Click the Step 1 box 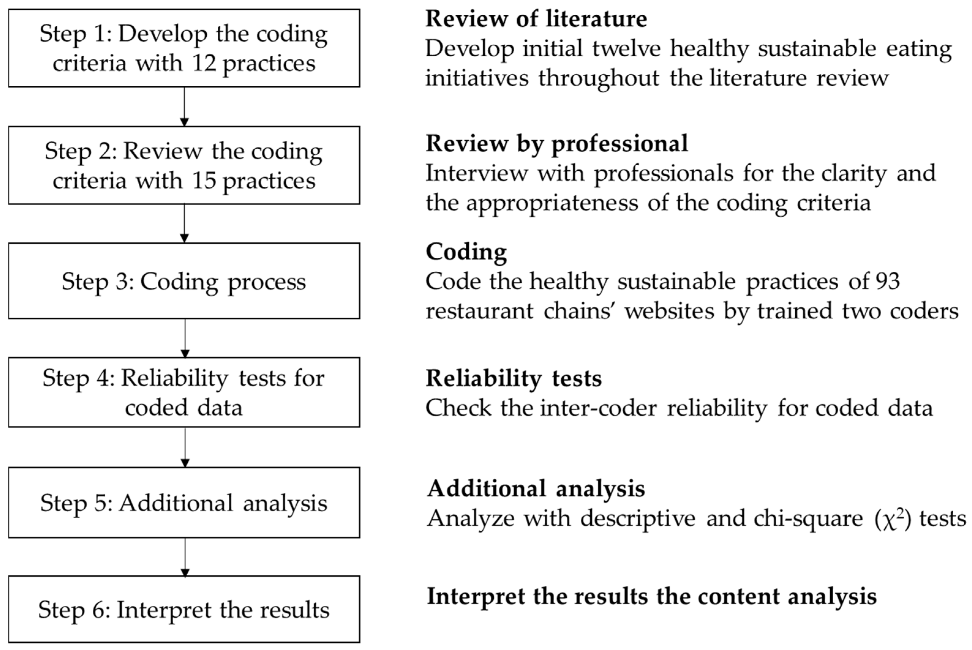[x=184, y=48]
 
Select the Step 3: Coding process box [x=184, y=281]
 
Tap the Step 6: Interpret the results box [x=184, y=609]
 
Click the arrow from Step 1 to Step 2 [x=185, y=106]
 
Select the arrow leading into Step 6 [x=185, y=557]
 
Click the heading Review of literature [x=536, y=19]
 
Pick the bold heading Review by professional [x=557, y=144]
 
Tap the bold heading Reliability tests [x=514, y=378]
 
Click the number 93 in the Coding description [x=888, y=282]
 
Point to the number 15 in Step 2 [x=204, y=181]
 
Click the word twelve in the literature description [x=626, y=48]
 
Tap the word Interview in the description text [x=477, y=173]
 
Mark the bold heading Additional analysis [x=536, y=488]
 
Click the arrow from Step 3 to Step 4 [x=185, y=338]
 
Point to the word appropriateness [x=552, y=203]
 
